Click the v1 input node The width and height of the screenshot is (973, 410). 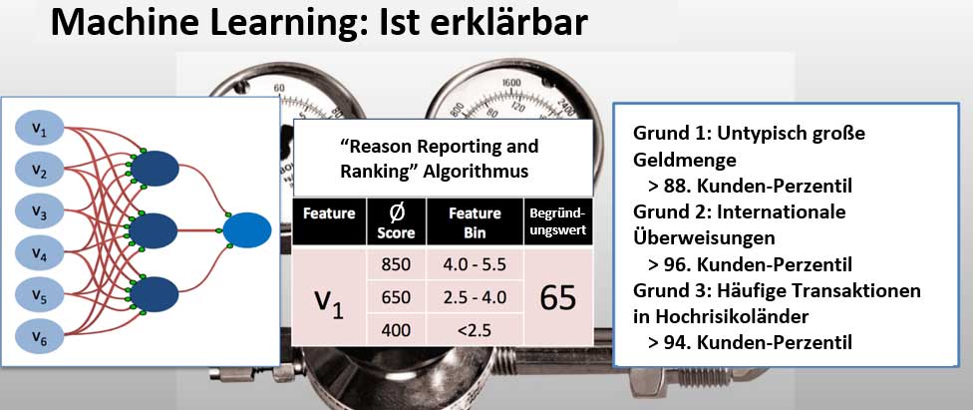(x=40, y=129)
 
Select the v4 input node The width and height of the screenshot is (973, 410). (x=40, y=252)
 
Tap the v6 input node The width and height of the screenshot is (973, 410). (x=40, y=336)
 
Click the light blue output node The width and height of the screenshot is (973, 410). (x=247, y=230)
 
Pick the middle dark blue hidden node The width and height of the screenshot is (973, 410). (x=155, y=230)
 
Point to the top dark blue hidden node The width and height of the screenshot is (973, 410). (x=155, y=169)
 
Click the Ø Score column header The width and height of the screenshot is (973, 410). (x=396, y=222)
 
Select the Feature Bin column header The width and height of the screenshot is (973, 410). (x=475, y=222)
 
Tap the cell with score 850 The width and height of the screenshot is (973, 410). (x=396, y=264)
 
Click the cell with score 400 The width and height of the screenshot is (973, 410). (x=396, y=330)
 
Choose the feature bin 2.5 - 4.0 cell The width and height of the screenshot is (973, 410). (x=474, y=297)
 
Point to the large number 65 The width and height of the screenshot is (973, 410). (x=558, y=298)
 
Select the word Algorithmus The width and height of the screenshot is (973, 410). (x=475, y=171)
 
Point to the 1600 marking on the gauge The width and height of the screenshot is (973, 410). (x=511, y=83)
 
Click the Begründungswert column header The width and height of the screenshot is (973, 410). (x=558, y=222)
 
